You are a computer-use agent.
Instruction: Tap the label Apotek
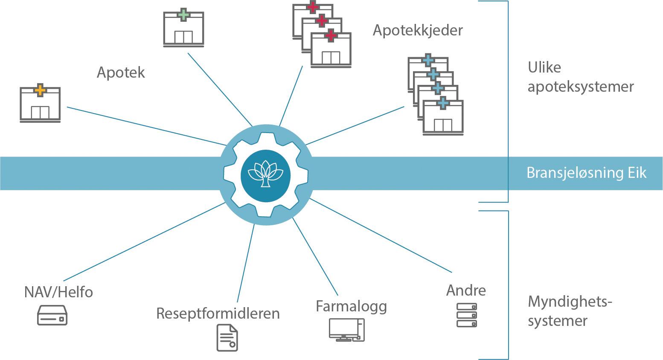[x=121, y=73]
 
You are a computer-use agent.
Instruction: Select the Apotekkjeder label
[x=418, y=31]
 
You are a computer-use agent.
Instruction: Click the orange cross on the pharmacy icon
[x=40, y=90]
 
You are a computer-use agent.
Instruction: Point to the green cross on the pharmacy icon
[x=183, y=15]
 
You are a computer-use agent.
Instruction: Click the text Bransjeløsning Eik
[x=586, y=173]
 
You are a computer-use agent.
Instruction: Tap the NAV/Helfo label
[x=58, y=292]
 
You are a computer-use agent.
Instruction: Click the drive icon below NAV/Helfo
[x=52, y=316]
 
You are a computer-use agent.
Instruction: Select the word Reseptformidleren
[x=218, y=314]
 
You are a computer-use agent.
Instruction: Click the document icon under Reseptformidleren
[x=227, y=337]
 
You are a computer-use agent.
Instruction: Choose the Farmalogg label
[x=351, y=306]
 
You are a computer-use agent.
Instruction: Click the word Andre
[x=466, y=290]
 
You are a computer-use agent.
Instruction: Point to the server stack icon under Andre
[x=466, y=315]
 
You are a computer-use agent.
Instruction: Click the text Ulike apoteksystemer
[x=580, y=77]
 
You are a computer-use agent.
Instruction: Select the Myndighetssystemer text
[x=570, y=311]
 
